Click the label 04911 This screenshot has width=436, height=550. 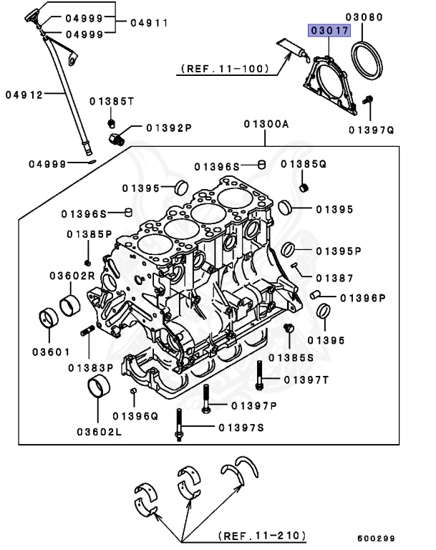149,23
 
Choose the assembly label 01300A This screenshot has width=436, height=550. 266,123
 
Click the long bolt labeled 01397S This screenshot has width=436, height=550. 178,427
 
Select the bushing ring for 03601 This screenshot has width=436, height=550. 49,317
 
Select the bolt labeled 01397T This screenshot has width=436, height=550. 259,377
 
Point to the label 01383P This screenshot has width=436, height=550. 91,368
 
